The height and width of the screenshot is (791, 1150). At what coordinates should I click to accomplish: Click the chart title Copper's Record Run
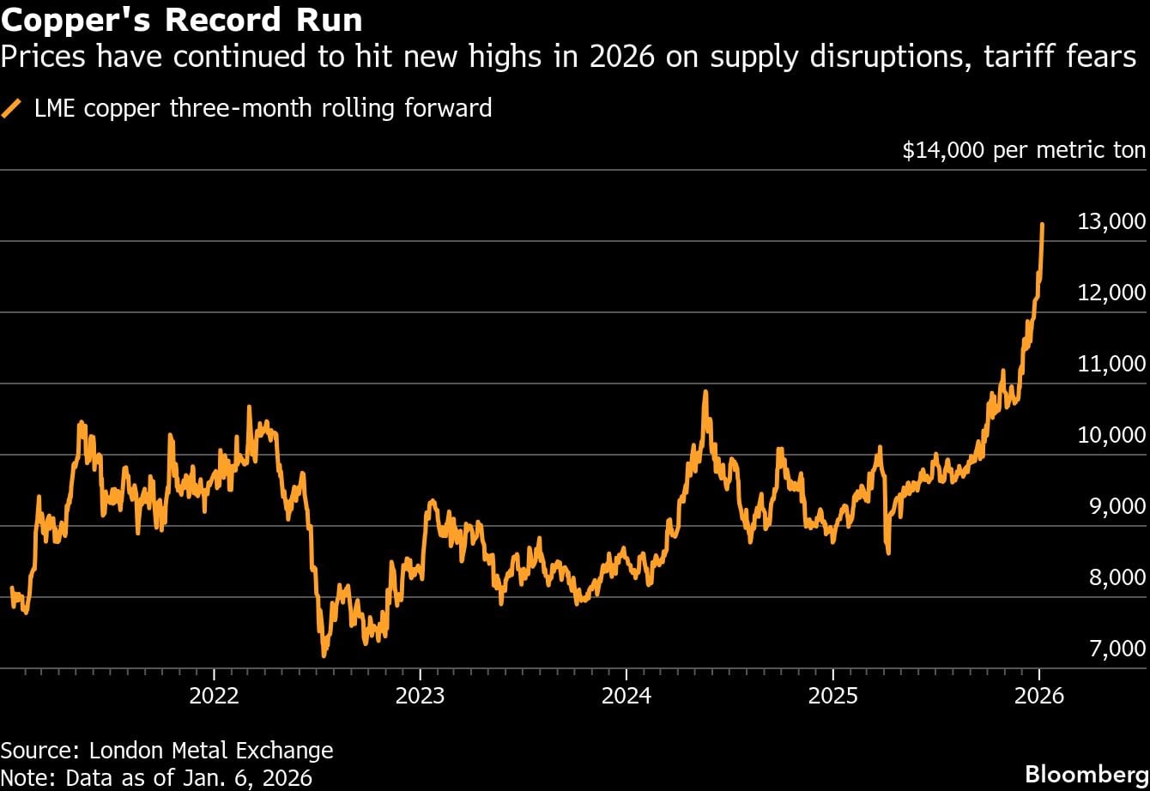click(x=181, y=19)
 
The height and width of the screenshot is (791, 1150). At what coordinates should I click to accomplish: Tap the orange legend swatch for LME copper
click(x=12, y=108)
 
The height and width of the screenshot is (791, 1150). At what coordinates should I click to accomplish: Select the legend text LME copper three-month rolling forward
click(x=263, y=108)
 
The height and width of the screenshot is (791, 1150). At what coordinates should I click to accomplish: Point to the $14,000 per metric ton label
click(x=1023, y=151)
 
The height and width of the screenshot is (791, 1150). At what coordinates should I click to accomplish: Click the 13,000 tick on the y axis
click(x=1111, y=222)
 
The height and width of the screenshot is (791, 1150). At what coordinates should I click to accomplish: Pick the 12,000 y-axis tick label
click(x=1111, y=293)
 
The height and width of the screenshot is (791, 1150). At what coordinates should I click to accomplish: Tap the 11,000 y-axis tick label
click(x=1111, y=365)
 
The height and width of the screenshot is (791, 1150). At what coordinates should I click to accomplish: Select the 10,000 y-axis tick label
click(x=1111, y=436)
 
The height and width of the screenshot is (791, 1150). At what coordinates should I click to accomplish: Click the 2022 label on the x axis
click(x=214, y=695)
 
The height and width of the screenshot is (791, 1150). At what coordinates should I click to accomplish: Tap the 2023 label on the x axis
click(x=420, y=695)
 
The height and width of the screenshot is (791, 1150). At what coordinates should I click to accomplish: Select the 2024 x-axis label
click(x=626, y=695)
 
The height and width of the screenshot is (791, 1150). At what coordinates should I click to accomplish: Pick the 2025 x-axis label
click(x=833, y=695)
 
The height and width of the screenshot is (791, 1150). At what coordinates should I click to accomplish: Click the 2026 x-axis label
click(x=1039, y=695)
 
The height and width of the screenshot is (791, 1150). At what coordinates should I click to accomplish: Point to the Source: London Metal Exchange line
click(x=166, y=751)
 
